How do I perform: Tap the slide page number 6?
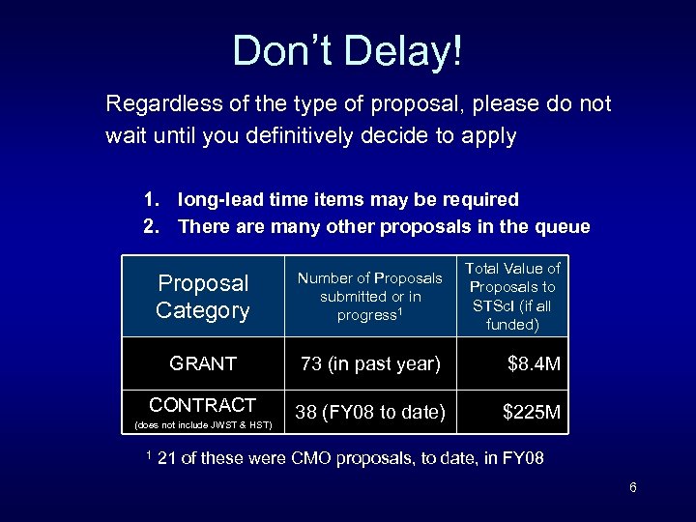[632, 487]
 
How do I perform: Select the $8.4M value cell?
[534, 363]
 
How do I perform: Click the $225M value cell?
[531, 413]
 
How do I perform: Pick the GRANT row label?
[203, 363]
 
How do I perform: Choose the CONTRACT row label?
[203, 405]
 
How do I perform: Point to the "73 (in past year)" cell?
[370, 363]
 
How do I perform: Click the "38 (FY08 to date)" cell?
[370, 413]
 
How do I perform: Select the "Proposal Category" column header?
[203, 297]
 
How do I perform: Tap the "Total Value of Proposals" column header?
[513, 296]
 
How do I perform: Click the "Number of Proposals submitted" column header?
[370, 296]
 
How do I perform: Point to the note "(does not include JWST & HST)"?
[202, 425]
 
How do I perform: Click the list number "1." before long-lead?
[151, 200]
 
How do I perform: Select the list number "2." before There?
[151, 227]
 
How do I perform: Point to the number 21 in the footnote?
[165, 458]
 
